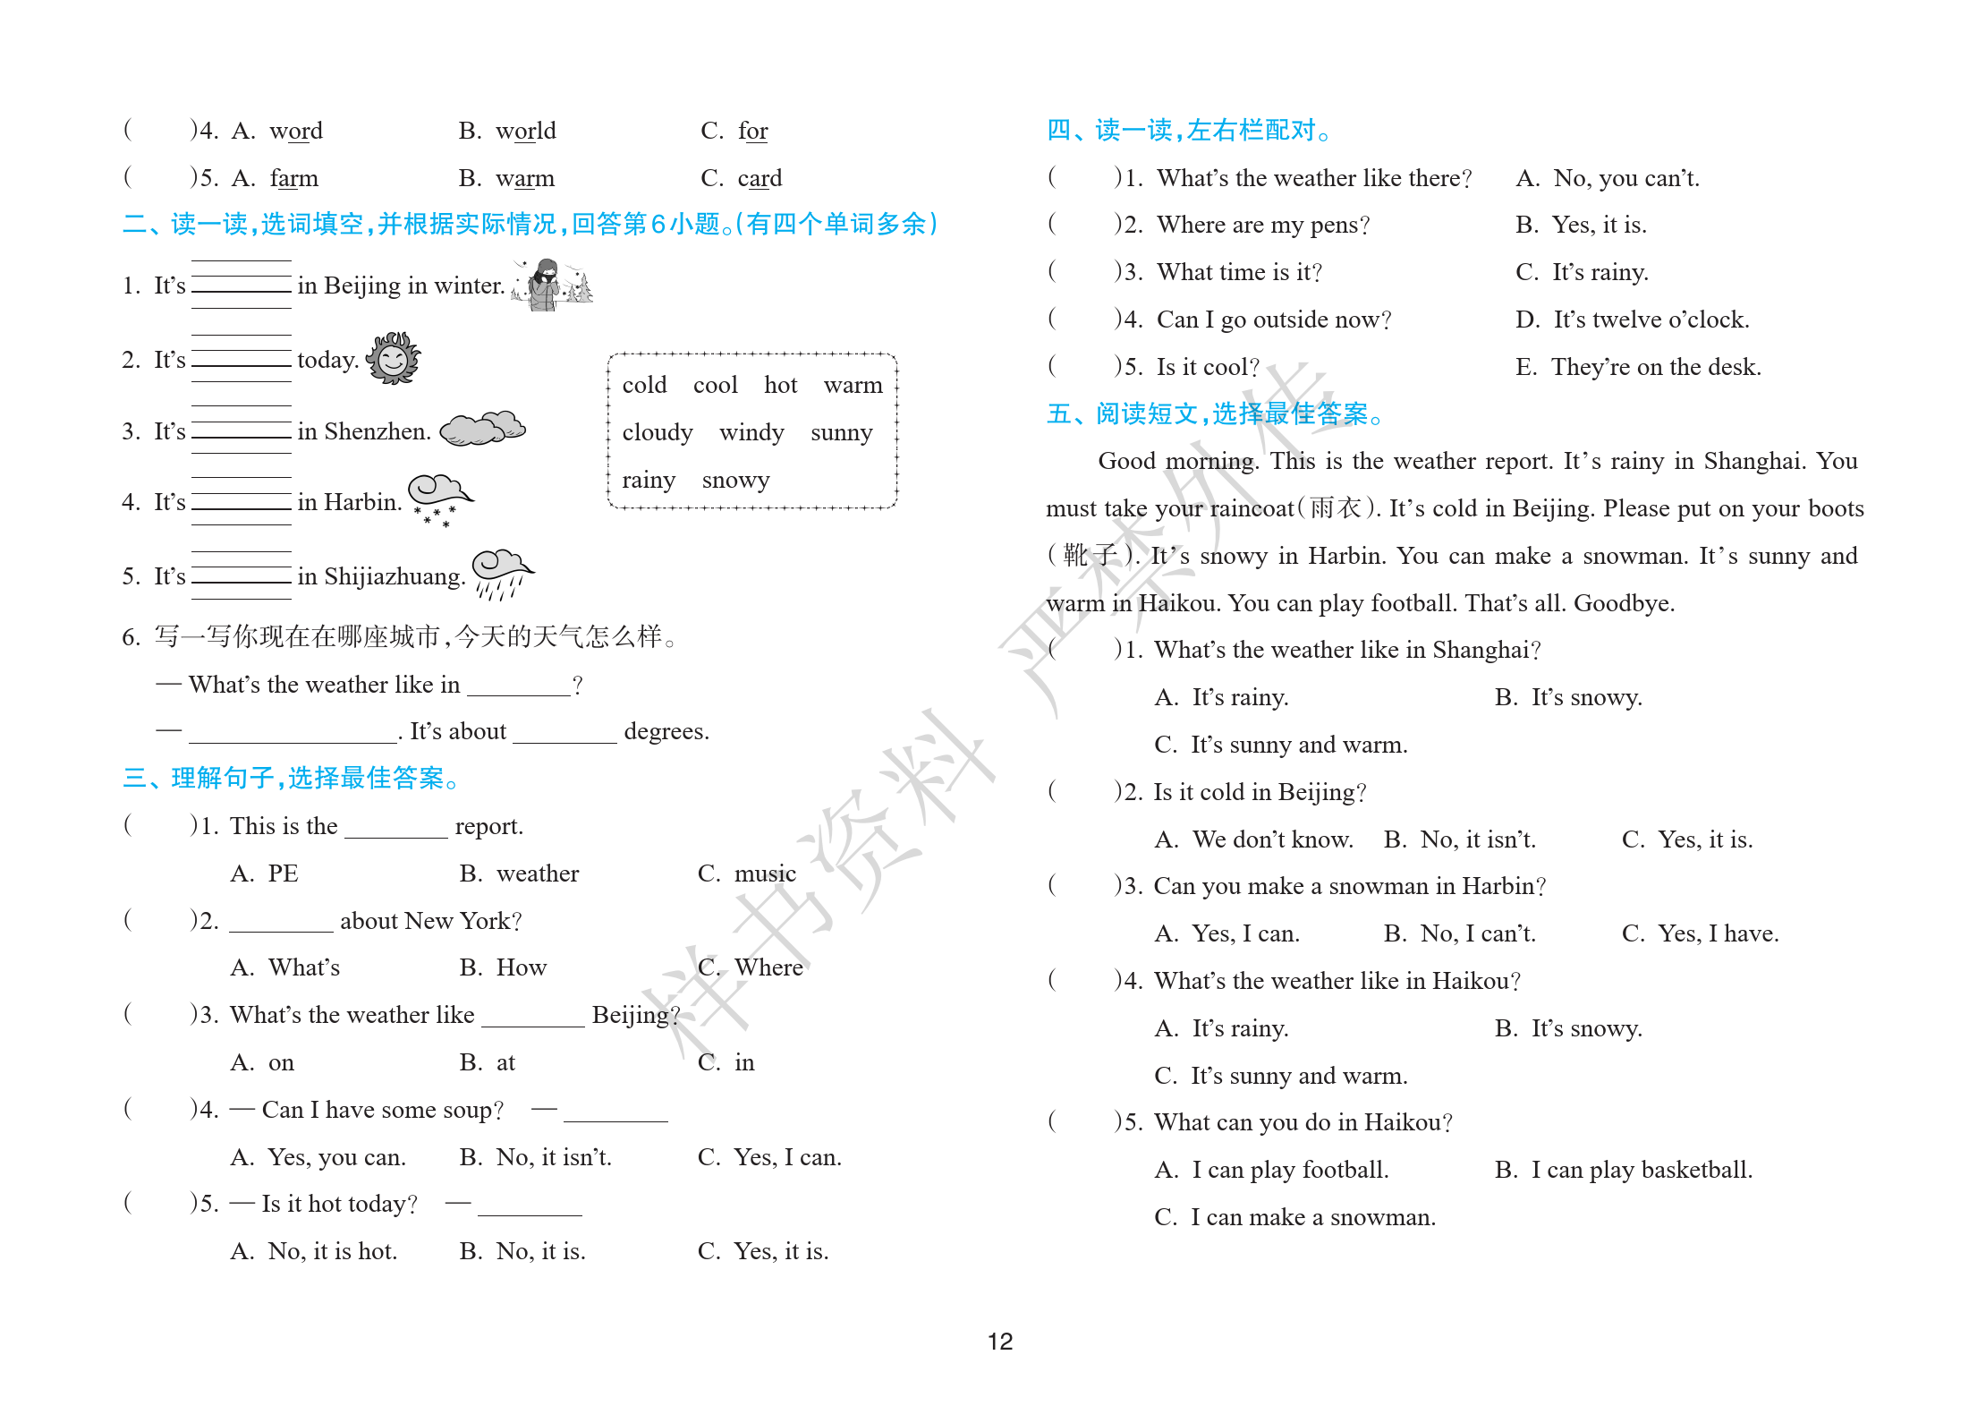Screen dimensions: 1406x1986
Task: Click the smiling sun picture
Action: (x=393, y=358)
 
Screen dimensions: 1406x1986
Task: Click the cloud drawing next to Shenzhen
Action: (x=482, y=429)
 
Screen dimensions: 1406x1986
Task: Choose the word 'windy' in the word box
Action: (x=751, y=433)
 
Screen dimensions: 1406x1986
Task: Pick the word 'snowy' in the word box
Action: (x=735, y=481)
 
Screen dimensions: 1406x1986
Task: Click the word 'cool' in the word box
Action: (x=715, y=386)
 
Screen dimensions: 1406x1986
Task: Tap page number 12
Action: (x=999, y=1341)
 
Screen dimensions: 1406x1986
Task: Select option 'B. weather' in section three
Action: (x=519, y=873)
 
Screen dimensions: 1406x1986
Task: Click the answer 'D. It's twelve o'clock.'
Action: (x=1632, y=320)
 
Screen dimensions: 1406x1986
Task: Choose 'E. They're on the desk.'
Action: (x=1637, y=367)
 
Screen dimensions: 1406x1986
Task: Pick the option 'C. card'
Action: (x=741, y=178)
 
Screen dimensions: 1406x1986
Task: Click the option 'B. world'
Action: (x=507, y=131)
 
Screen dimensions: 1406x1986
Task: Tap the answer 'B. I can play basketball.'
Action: (x=1623, y=1170)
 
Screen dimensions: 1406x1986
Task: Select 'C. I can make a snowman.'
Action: (x=1294, y=1217)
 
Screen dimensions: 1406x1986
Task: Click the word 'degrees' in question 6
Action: (x=666, y=732)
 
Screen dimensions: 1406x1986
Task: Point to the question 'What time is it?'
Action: (x=1239, y=272)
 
